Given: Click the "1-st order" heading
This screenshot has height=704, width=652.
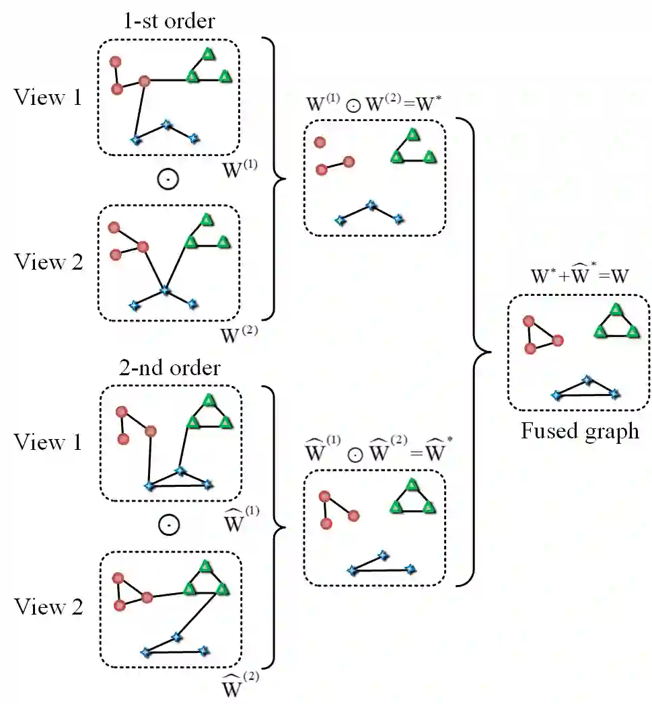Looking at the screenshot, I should pyautogui.click(x=168, y=20).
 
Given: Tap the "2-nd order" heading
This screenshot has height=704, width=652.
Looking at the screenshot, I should pyautogui.click(x=169, y=368).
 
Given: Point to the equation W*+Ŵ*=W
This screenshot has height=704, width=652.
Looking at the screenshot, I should pyautogui.click(x=579, y=277).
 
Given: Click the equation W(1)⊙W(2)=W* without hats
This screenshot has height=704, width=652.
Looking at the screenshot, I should pyautogui.click(x=373, y=104).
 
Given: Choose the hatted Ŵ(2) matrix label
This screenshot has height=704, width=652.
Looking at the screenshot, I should pyautogui.click(x=240, y=687).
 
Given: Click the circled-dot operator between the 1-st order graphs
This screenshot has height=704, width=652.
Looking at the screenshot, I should pyautogui.click(x=168, y=180).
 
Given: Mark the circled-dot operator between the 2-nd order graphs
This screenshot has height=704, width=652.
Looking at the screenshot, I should pyautogui.click(x=168, y=526).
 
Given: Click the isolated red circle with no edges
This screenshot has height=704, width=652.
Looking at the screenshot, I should pyautogui.click(x=320, y=142).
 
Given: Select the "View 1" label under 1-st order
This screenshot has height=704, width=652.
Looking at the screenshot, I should pyautogui.click(x=48, y=98).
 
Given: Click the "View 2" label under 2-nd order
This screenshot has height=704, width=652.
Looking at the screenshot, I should pyautogui.click(x=48, y=607).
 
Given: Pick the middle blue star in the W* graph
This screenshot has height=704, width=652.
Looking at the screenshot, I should pyautogui.click(x=369, y=205).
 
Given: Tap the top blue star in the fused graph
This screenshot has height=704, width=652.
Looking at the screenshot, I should pyautogui.click(x=587, y=380).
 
